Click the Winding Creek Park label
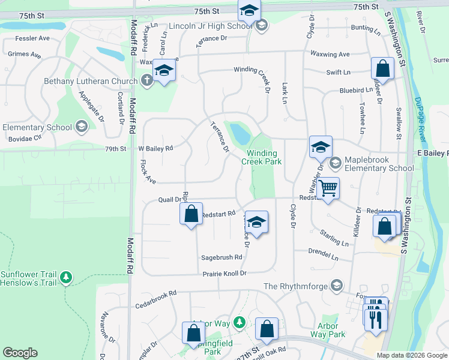coord(262,157)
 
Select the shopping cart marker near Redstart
coord(328,189)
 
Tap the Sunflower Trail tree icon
coord(66,278)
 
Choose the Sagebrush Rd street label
coord(221,257)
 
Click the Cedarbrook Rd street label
coord(155,293)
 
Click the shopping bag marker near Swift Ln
coord(382,70)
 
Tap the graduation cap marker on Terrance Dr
coord(256,222)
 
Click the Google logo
coord(20,353)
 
